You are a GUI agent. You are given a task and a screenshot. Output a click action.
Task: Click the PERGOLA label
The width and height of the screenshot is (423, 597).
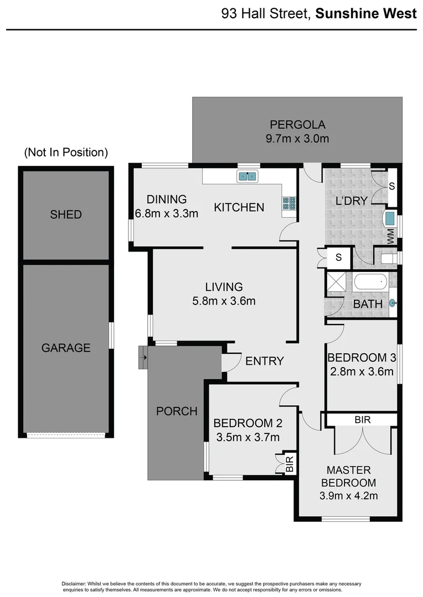(297, 124)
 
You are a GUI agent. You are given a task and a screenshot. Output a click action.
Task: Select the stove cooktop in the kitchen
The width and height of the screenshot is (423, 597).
(289, 203)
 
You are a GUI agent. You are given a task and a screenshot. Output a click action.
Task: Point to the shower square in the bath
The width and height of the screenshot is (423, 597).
(335, 282)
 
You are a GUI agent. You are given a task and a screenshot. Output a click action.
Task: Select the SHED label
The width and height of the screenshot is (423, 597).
(66, 214)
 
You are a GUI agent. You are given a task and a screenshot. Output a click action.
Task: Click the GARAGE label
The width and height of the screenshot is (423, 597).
(66, 348)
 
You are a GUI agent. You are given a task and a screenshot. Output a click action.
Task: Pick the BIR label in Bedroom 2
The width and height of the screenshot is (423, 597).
(290, 463)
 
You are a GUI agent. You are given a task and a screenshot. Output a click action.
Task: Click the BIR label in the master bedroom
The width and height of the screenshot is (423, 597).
(363, 420)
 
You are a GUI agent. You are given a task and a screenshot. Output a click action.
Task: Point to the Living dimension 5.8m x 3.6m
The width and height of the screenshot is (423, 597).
(224, 301)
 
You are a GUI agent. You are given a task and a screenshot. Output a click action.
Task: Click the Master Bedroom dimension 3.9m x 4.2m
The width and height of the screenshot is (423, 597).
(349, 496)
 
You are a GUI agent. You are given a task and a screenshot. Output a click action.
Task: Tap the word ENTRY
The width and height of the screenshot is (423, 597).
(265, 361)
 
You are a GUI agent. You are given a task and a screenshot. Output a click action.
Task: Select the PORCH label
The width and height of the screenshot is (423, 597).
(177, 411)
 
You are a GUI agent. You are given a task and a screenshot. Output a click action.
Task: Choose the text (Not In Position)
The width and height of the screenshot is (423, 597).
(66, 153)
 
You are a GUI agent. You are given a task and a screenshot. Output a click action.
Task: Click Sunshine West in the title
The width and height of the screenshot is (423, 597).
(366, 14)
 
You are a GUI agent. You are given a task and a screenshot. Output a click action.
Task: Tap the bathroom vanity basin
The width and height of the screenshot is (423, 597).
(393, 302)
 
